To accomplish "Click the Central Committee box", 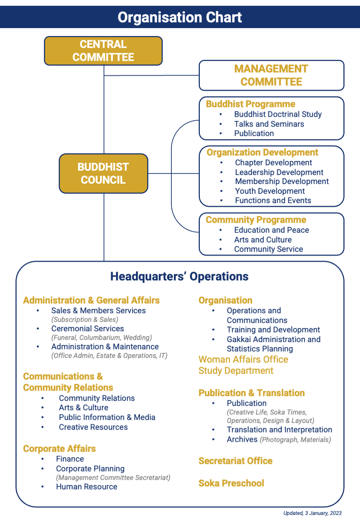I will click(x=103, y=51).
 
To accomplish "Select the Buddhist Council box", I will click(x=103, y=174).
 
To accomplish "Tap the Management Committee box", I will click(x=271, y=75).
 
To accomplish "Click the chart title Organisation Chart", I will click(x=180, y=17).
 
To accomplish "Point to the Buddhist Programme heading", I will click(x=251, y=104).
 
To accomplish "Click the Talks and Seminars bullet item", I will click(x=269, y=124).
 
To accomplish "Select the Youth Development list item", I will click(x=270, y=191).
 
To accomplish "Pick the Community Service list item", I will click(x=269, y=249).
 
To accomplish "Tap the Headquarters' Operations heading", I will click(x=179, y=276).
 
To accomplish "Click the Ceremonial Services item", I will click(x=87, y=328).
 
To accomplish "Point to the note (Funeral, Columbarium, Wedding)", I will click(x=102, y=337).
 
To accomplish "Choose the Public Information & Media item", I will click(x=107, y=417).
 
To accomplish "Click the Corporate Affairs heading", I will click(x=59, y=449).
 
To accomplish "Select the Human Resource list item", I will click(x=86, y=487).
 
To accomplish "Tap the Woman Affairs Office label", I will click(x=243, y=359).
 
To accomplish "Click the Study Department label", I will click(x=236, y=371).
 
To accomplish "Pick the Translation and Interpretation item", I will click(x=279, y=430).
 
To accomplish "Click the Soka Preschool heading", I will click(x=231, y=483).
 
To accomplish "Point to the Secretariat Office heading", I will click(x=235, y=461).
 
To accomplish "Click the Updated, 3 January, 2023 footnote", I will click(x=312, y=513).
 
